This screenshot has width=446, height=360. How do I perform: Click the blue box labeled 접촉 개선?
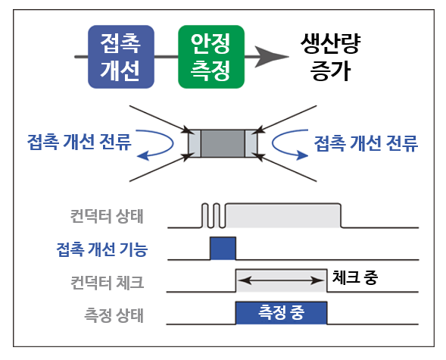tap(121, 57)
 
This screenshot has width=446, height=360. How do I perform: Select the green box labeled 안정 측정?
tap(211, 57)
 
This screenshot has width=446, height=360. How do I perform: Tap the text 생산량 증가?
tap(330, 57)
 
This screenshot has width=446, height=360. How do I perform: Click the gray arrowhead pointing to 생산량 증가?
tap(272, 57)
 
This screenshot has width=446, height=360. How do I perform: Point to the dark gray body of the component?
tap(223, 143)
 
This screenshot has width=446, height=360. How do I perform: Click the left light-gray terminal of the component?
tap(195, 143)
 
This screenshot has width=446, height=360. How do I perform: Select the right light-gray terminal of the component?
tap(251, 143)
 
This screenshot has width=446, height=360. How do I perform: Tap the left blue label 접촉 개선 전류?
tap(79, 142)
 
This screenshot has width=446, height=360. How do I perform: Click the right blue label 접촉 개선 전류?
tap(366, 142)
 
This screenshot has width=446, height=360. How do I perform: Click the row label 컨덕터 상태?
tap(107, 216)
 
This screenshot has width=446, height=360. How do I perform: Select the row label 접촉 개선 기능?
tap(102, 249)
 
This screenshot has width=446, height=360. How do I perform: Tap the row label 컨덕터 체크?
tap(107, 283)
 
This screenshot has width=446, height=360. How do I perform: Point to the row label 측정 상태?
tap(114, 315)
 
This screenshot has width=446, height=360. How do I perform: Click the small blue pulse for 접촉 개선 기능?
tap(223, 248)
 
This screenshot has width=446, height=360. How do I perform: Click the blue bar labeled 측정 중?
tap(282, 312)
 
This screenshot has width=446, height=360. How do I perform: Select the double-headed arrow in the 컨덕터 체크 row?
tap(282, 280)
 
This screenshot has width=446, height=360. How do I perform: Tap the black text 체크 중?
tap(354, 277)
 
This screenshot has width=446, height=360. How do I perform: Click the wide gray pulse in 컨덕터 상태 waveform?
tap(283, 215)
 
